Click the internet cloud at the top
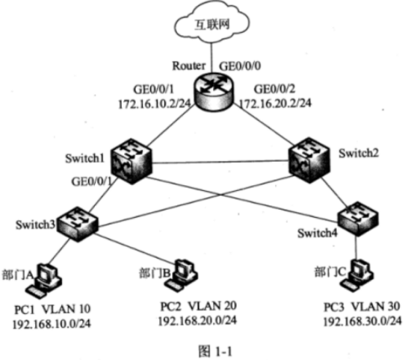[212, 23]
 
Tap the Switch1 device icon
[131, 161]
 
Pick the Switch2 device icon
[309, 160]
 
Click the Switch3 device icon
[77, 224]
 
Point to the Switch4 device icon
[358, 219]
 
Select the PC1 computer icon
[44, 281]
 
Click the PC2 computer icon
[182, 275]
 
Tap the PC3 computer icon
[357, 275]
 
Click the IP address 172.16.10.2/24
[155, 104]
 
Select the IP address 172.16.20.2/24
[276, 103]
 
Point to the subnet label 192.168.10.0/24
[52, 324]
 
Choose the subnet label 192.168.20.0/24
[198, 321]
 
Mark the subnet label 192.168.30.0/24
[362, 321]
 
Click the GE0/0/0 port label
[240, 66]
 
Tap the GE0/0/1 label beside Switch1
[92, 181]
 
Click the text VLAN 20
[212, 306]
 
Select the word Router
[189, 66]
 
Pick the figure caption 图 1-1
[215, 351]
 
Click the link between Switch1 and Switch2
[220, 162]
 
